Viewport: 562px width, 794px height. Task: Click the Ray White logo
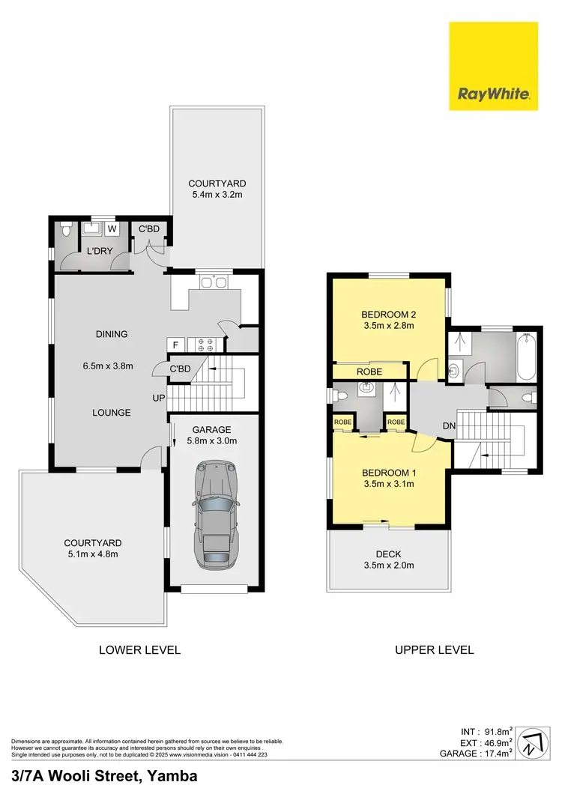[493, 66]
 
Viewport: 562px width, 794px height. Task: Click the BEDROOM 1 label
[387, 473]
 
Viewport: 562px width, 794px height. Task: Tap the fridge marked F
[175, 345]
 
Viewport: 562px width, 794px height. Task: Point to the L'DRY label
[99, 251]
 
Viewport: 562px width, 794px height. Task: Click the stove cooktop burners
[205, 345]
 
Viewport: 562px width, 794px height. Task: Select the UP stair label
[157, 397]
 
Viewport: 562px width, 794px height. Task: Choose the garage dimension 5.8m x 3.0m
[212, 441]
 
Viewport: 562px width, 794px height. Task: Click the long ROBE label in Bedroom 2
[369, 372]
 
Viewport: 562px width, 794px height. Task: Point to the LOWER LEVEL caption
[139, 649]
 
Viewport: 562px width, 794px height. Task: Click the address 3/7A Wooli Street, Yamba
[104, 777]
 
